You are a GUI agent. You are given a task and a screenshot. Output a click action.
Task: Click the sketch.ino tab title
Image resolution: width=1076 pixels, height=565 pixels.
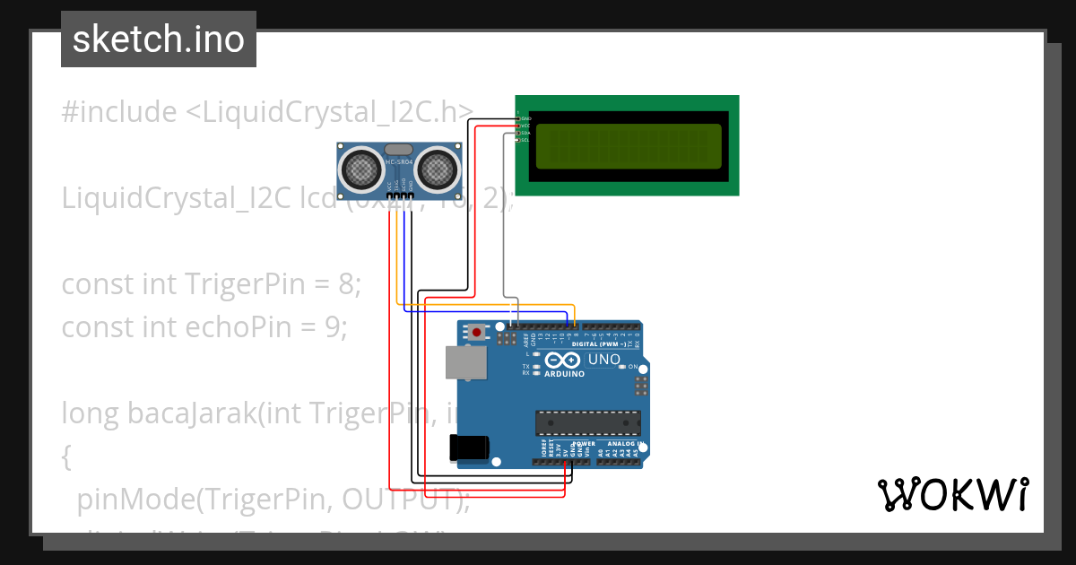[x=159, y=39]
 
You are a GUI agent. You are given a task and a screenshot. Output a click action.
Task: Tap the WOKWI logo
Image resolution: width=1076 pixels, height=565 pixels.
[x=952, y=495]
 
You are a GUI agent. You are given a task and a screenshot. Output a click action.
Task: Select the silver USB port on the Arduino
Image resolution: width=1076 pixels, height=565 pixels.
[x=466, y=362]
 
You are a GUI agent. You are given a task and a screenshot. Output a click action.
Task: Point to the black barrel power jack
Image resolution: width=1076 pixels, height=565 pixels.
[x=469, y=448]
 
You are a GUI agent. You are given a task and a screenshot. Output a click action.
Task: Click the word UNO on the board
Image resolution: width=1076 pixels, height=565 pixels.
[x=603, y=360]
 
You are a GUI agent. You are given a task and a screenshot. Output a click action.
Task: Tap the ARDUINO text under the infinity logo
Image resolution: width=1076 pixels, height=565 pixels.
[x=563, y=374]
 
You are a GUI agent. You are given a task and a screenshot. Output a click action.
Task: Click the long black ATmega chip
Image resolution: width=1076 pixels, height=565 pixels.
[x=588, y=422]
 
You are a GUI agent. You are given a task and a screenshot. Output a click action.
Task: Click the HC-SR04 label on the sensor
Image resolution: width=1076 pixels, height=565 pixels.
[x=398, y=162]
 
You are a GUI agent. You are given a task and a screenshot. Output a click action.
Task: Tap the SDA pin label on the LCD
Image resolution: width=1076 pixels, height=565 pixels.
[x=525, y=133]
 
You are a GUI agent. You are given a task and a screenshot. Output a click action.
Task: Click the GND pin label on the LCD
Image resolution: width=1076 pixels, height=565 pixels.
[x=525, y=118]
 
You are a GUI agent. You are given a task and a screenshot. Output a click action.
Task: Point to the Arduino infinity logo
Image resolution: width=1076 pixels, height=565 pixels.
[x=563, y=360]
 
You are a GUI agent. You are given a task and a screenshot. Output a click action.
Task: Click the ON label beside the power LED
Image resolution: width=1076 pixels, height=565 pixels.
[x=632, y=368]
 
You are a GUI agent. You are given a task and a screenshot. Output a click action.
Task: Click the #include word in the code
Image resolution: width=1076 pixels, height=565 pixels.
[x=119, y=112]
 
